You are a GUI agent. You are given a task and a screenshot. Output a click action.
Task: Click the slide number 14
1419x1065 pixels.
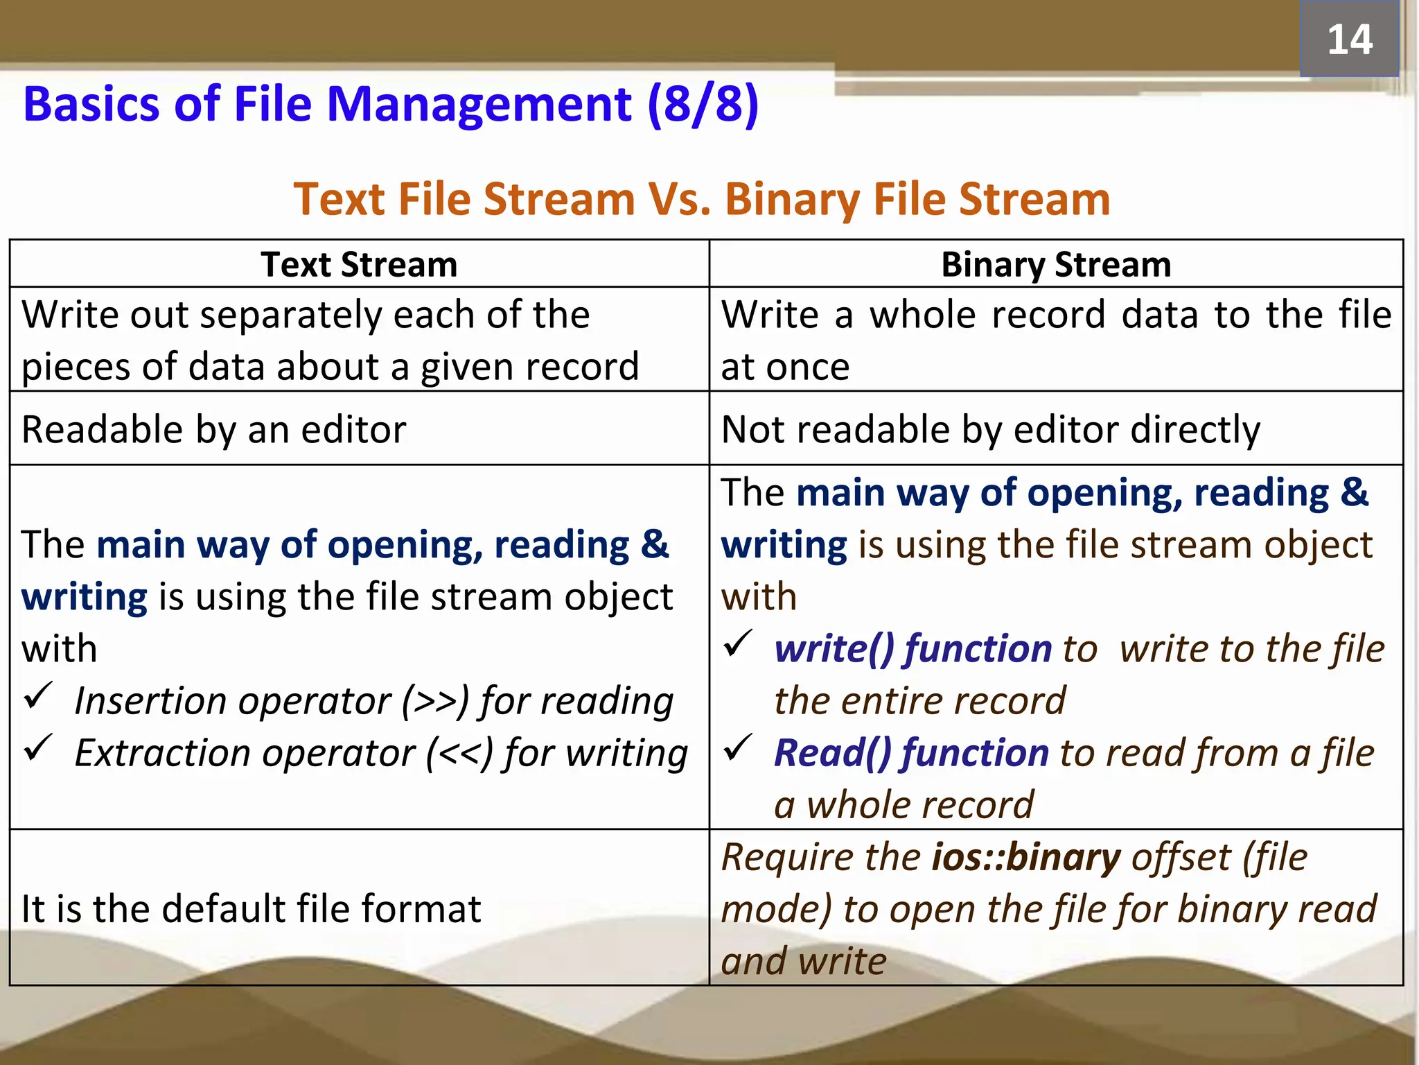click(x=1349, y=40)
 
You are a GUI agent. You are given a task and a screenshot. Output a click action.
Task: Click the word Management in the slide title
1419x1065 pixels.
click(x=479, y=105)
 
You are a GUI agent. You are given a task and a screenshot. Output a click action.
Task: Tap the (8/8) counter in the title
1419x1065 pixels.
click(x=703, y=105)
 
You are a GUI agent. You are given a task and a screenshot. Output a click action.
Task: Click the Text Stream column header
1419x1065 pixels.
click(x=359, y=265)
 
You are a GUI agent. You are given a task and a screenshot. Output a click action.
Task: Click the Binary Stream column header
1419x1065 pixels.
click(x=1056, y=265)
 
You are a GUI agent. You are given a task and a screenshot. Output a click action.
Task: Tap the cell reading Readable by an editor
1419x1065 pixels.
click(x=213, y=430)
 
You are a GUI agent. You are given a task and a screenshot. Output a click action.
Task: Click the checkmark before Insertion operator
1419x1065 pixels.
click(x=38, y=695)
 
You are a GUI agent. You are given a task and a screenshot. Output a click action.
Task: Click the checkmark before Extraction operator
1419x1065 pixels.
click(x=38, y=747)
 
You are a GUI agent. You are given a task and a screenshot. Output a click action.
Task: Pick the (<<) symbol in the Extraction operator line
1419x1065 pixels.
click(x=459, y=753)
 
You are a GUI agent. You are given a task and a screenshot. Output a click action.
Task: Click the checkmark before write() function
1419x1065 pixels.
click(x=738, y=643)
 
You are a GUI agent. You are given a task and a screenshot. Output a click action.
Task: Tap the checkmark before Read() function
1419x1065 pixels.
click(x=738, y=747)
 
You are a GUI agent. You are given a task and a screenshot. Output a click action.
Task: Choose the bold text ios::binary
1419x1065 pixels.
click(x=1026, y=858)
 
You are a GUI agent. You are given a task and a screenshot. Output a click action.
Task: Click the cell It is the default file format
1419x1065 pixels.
click(x=251, y=909)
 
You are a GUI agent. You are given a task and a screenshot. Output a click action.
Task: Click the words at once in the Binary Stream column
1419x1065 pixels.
click(x=785, y=367)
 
